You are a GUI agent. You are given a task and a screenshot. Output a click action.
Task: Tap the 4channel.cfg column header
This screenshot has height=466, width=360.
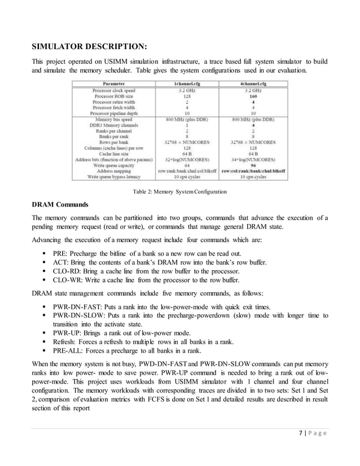click(x=253, y=83)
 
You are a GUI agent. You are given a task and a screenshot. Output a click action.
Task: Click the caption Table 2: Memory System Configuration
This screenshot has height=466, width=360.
click(x=179, y=192)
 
